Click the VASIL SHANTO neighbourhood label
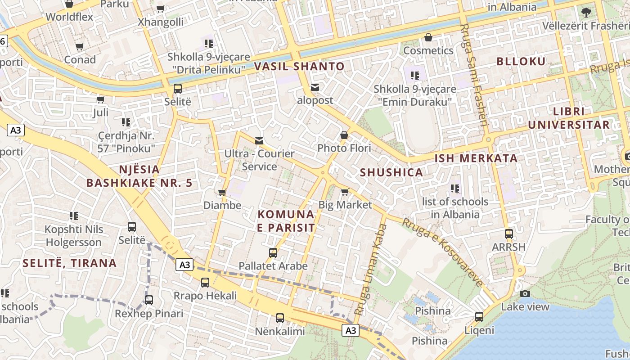(299, 67)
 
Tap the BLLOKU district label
(521, 62)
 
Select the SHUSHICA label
(391, 172)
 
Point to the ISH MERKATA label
(476, 158)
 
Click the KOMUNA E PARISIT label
(286, 221)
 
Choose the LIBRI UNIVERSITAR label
(569, 118)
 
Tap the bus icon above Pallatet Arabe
(273, 253)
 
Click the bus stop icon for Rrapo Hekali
(205, 283)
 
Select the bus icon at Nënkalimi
(280, 318)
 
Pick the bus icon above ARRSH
(509, 234)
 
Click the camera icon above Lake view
(525, 294)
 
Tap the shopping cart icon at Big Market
(345, 192)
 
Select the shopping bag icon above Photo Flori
(344, 135)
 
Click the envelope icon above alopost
(315, 87)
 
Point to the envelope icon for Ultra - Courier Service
(259, 141)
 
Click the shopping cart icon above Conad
(80, 47)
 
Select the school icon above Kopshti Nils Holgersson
(74, 216)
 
